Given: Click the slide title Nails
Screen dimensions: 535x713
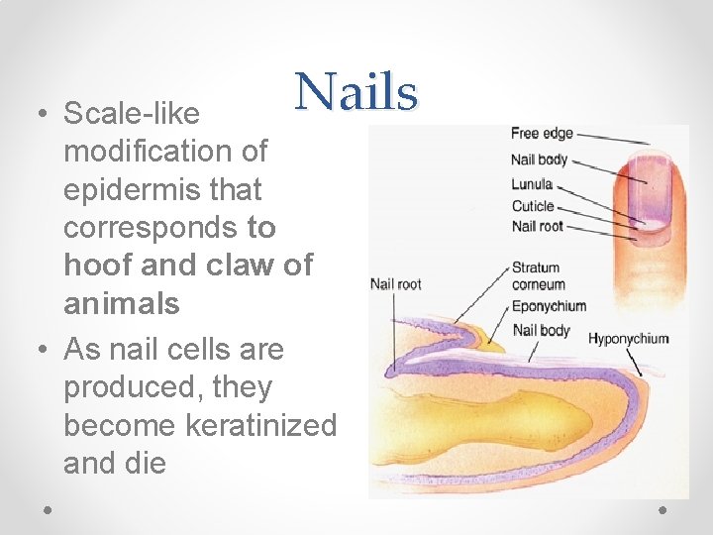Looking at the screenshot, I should (x=356, y=92).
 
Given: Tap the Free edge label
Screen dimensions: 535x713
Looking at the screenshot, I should (x=542, y=134).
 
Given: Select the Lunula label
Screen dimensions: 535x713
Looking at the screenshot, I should (x=532, y=184).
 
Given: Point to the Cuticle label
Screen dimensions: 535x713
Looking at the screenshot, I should (x=533, y=206).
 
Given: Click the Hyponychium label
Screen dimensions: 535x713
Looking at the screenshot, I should (x=628, y=339).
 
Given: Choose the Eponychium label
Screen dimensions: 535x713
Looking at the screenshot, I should (x=549, y=306).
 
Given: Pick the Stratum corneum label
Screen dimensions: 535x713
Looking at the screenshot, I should (x=536, y=275).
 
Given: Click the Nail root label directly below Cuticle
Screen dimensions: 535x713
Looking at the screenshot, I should (x=537, y=227).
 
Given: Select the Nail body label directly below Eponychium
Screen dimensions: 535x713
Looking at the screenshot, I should (x=542, y=330).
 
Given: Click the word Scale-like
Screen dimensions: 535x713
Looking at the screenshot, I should (x=132, y=115).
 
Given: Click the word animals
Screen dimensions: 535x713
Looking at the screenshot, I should (x=122, y=303).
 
